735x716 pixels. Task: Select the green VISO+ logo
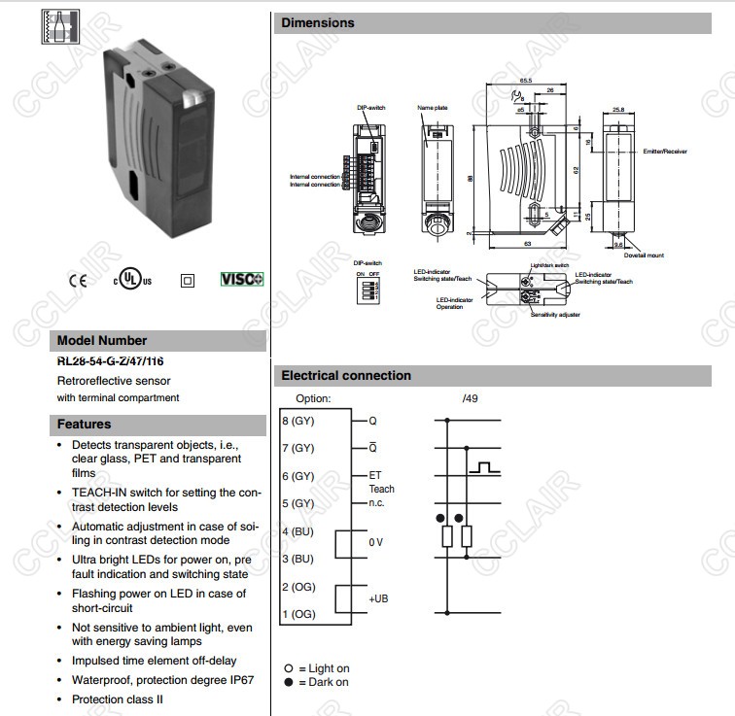click(242, 279)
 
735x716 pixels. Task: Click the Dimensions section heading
click(318, 22)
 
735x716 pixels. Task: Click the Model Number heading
click(102, 340)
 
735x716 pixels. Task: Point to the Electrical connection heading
click(346, 375)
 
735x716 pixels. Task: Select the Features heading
click(84, 424)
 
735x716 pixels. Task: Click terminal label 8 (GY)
click(297, 421)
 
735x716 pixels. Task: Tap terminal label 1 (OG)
click(297, 614)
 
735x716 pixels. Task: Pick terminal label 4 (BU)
click(297, 531)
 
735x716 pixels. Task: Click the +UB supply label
click(378, 598)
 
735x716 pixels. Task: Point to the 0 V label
click(376, 542)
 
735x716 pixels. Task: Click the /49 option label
click(471, 398)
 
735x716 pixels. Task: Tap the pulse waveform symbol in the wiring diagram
click(484, 468)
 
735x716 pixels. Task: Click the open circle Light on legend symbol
click(288, 668)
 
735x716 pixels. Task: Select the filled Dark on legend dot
click(288, 682)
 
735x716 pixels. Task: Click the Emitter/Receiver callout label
click(664, 152)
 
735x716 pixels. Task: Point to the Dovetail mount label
click(644, 256)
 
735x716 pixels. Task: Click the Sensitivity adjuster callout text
click(554, 315)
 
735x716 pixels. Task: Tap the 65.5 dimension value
click(525, 80)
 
